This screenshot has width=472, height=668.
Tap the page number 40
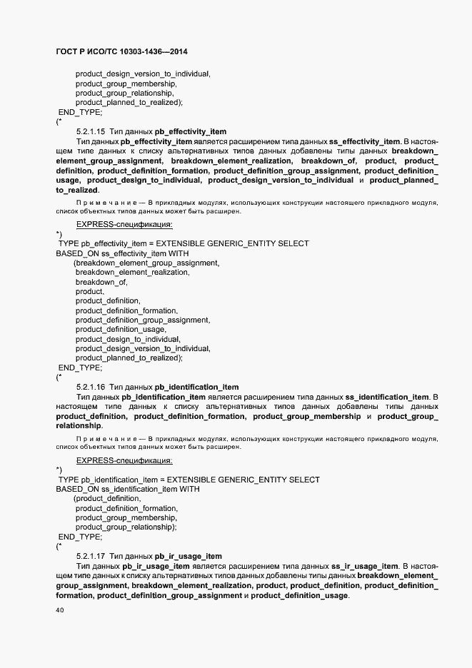point(60,611)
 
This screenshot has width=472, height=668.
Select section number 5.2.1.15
point(91,131)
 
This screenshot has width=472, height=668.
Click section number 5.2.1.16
point(91,387)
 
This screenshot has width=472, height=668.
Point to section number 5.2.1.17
point(91,556)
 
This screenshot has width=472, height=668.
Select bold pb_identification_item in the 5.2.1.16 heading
point(196,387)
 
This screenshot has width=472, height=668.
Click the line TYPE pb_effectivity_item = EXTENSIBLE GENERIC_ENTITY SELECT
point(184,243)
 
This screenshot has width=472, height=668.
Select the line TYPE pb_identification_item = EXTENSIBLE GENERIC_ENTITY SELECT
point(189,480)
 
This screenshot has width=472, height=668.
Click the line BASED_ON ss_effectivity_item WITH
point(122,253)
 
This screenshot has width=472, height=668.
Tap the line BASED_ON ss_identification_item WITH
point(128,490)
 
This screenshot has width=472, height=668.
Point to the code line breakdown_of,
point(101,282)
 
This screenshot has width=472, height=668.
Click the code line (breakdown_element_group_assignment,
point(146,263)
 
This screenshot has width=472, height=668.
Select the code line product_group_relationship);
point(126,527)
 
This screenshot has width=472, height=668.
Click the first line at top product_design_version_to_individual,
point(143,74)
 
